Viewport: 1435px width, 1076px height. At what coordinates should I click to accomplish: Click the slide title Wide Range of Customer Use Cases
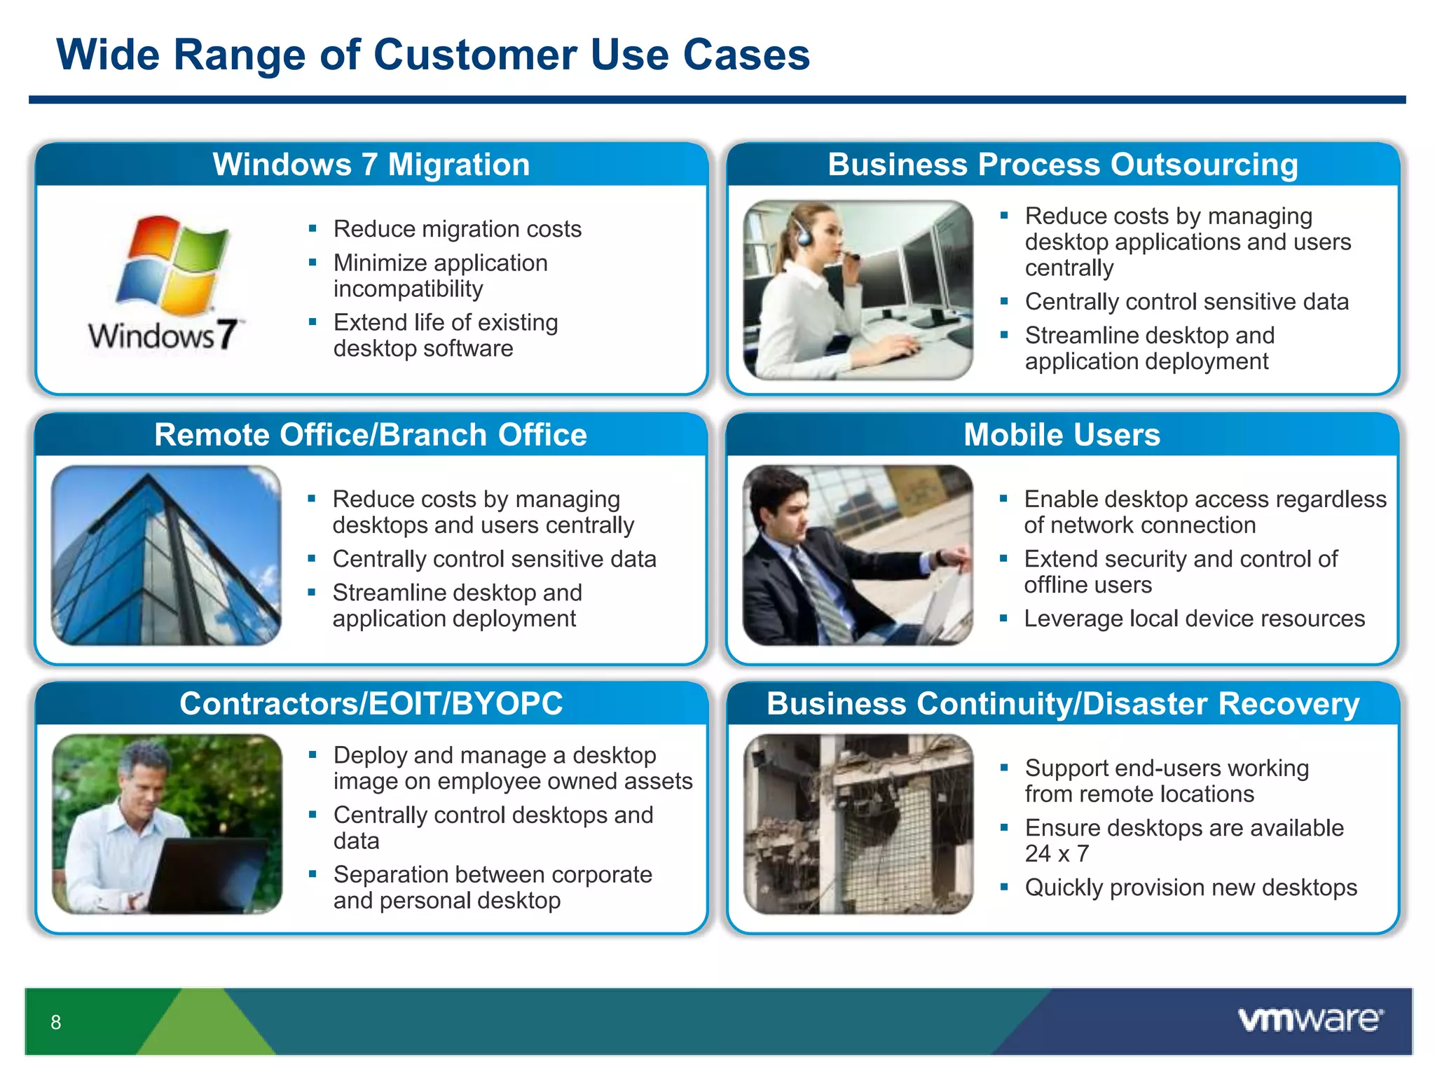(x=432, y=55)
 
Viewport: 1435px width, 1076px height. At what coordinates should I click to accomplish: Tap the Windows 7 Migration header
(x=371, y=165)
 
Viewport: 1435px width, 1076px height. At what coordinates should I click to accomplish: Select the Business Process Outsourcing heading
(x=1062, y=165)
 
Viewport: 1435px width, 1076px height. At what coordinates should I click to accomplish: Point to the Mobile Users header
(x=1062, y=434)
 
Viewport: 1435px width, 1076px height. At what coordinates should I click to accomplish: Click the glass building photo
(x=166, y=556)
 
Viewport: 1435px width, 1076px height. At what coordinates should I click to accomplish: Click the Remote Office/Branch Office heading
(x=371, y=434)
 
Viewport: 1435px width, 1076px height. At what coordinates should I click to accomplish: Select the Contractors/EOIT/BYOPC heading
(x=371, y=703)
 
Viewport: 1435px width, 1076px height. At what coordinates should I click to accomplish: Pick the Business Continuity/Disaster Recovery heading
(x=1062, y=703)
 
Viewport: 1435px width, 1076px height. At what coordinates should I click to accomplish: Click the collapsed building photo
(x=858, y=824)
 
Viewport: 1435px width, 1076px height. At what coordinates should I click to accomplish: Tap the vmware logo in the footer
(x=1310, y=1019)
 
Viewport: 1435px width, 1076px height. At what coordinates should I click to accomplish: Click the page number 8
(x=56, y=1022)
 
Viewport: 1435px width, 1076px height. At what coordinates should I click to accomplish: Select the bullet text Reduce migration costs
(x=457, y=229)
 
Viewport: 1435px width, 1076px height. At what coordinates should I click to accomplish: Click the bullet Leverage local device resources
(x=1194, y=619)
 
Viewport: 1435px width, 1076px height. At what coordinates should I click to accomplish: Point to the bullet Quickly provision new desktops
(x=1190, y=888)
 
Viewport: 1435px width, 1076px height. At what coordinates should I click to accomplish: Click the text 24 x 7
(x=1057, y=854)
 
